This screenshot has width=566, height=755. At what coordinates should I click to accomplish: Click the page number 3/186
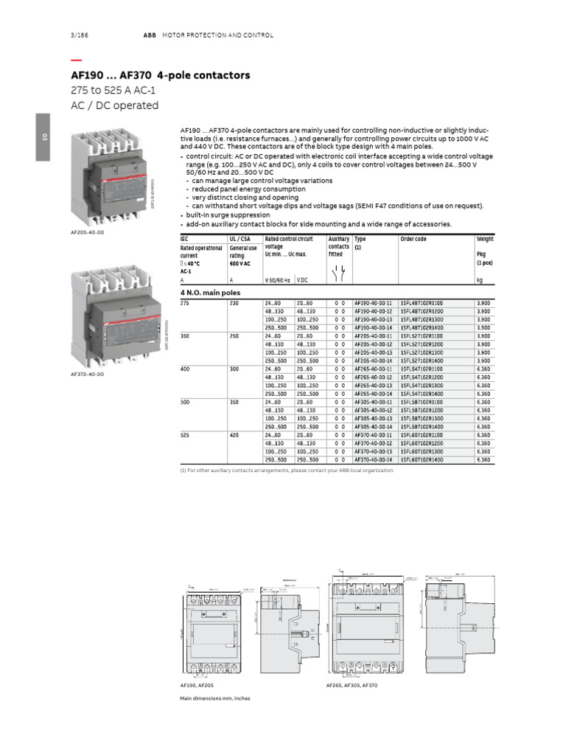click(77, 35)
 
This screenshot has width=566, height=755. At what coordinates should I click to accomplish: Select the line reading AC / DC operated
click(114, 105)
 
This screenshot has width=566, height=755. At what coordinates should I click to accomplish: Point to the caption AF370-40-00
click(87, 374)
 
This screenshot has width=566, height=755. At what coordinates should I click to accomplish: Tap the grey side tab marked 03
click(43, 137)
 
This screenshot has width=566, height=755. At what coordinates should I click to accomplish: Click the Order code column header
click(413, 239)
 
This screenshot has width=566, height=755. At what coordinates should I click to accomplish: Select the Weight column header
click(485, 239)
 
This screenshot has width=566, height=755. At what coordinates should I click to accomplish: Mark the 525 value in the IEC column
click(186, 435)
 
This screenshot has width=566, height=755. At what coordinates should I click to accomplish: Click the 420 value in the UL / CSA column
click(234, 435)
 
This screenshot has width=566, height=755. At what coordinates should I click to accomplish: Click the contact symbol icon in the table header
click(339, 273)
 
